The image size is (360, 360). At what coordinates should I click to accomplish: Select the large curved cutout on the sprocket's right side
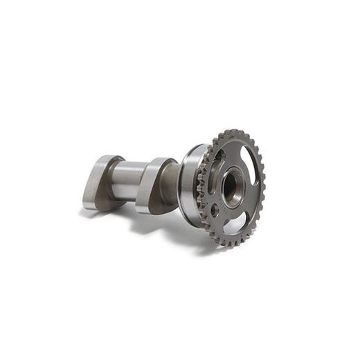[x=253, y=170]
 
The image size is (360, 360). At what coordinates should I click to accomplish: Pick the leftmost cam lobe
[x=96, y=181]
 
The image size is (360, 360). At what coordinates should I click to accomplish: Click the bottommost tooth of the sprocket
[x=226, y=244]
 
